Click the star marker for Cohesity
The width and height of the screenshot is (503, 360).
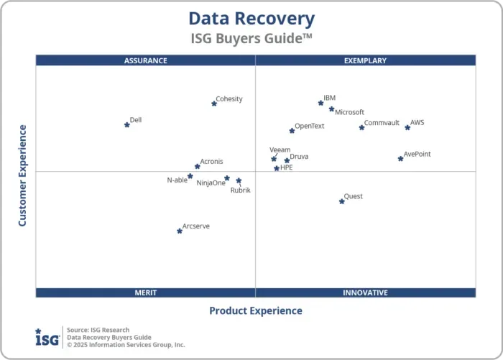click(x=214, y=103)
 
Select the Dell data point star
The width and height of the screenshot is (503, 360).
click(x=127, y=124)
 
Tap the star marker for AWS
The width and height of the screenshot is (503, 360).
click(x=407, y=127)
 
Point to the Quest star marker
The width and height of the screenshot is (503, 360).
click(x=342, y=201)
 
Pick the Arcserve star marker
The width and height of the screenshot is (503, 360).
click(x=180, y=231)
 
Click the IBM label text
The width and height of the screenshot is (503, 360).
click(x=329, y=98)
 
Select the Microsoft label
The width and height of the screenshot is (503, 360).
click(x=350, y=112)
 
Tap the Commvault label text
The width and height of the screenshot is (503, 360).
click(x=382, y=123)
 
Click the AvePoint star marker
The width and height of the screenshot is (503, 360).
click(x=401, y=158)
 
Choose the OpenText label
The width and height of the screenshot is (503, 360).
click(x=310, y=126)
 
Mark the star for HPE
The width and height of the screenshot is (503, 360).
click(x=277, y=168)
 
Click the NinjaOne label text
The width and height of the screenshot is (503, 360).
click(x=211, y=183)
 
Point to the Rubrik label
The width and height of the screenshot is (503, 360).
click(x=240, y=190)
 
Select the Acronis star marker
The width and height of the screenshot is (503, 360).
click(x=198, y=166)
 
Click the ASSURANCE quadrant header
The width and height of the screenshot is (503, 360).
click(x=145, y=60)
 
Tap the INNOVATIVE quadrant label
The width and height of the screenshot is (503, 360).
click(x=365, y=292)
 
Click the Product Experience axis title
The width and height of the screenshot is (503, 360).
click(x=256, y=311)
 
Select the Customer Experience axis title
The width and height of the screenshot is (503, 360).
click(x=22, y=175)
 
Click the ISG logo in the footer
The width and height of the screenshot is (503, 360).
click(x=47, y=336)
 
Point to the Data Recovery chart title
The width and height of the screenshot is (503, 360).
click(x=251, y=19)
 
